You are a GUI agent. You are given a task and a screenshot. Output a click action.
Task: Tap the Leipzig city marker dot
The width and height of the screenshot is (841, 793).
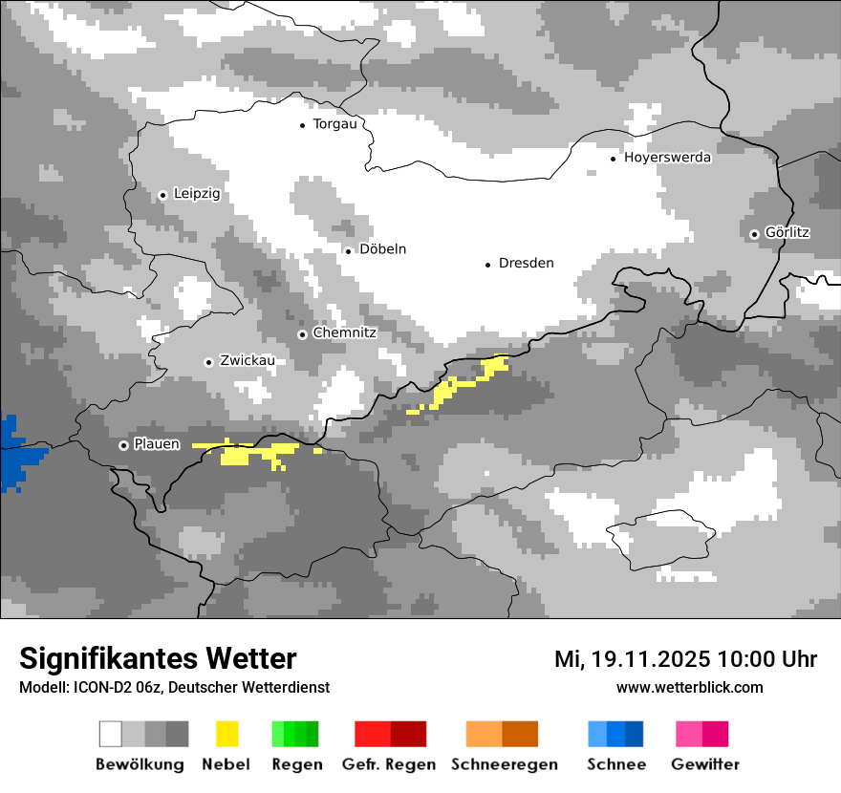point(162,195)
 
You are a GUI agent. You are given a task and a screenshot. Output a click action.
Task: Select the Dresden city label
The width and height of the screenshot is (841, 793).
point(526,264)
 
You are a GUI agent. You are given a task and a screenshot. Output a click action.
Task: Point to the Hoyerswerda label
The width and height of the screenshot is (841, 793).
point(667,158)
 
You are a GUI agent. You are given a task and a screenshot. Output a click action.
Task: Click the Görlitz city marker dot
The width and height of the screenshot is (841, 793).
point(754,234)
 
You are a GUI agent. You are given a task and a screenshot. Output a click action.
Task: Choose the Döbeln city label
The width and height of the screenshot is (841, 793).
point(382,249)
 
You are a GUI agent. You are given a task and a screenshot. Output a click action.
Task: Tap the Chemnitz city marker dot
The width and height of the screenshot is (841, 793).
point(302,334)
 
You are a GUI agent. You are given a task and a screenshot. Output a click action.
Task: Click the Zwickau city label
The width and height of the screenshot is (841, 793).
point(247,361)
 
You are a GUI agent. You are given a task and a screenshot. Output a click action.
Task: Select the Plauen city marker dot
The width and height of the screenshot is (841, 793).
point(123,445)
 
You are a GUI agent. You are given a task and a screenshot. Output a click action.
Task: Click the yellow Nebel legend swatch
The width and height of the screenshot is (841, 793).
point(226,734)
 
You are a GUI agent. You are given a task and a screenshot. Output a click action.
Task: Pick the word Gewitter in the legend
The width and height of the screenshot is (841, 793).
point(704,764)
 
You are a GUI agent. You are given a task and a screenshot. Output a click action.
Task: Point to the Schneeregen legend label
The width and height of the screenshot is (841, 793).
point(504,764)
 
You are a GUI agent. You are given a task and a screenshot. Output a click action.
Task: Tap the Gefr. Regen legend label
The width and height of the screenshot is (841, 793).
point(388,764)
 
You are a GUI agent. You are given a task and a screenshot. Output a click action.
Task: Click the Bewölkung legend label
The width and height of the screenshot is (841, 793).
point(140,764)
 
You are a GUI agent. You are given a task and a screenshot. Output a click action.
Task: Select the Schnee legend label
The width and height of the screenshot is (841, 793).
point(615,764)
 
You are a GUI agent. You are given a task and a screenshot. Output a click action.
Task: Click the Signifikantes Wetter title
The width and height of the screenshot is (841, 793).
point(158,659)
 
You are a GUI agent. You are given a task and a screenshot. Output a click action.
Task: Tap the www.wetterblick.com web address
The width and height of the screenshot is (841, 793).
point(689,688)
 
